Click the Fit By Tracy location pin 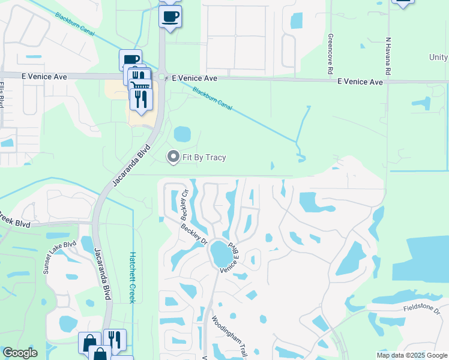[x=173, y=157]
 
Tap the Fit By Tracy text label [x=204, y=158]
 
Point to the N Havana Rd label [x=388, y=56]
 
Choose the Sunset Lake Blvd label [x=60, y=257]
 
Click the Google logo [x=19, y=353]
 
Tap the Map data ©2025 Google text [x=411, y=355]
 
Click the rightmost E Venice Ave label [x=360, y=82]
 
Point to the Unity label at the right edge [x=438, y=58]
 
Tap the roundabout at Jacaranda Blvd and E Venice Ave [x=162, y=77]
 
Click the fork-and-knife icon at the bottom [x=115, y=340]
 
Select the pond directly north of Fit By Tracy [x=182, y=133]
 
